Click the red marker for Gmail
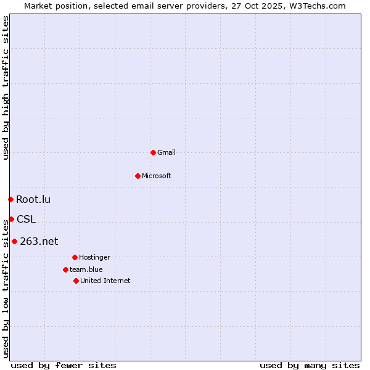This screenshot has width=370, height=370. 153,152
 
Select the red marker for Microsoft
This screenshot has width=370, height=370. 138,176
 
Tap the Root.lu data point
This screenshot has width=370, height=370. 10,199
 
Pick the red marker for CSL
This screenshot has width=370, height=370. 11,219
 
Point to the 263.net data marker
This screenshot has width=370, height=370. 14,241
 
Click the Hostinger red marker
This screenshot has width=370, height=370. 75,257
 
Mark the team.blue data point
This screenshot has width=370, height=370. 65,269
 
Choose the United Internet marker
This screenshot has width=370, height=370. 76,281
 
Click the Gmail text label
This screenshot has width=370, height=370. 166,152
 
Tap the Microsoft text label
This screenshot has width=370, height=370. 157,176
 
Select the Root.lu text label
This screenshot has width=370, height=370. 33,199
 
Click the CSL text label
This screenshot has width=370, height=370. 26,219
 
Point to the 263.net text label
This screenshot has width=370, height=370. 39,241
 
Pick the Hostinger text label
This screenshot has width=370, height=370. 94,257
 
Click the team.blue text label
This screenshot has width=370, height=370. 86,269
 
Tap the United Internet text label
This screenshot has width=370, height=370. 105,281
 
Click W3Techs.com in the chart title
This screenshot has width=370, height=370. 316,6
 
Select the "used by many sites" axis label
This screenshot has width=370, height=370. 310,365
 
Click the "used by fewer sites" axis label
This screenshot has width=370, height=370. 64,365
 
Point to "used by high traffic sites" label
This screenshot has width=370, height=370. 6,88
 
